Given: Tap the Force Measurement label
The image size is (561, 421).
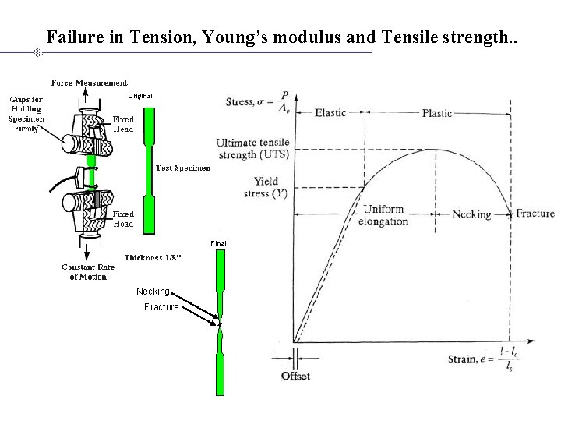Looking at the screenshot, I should (x=90, y=82).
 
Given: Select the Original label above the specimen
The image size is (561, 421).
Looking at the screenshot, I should (x=140, y=96).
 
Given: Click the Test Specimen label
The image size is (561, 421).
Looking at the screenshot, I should (x=183, y=168).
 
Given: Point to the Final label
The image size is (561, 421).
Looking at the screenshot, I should (x=219, y=243).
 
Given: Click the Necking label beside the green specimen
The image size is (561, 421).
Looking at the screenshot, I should (x=153, y=292).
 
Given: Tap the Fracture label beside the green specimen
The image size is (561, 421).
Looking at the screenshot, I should (x=161, y=307).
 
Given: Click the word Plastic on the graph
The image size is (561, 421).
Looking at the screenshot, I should (x=437, y=113).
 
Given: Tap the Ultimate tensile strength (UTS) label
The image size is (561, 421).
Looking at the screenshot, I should (x=252, y=149).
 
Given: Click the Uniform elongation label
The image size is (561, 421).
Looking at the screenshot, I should (x=385, y=215).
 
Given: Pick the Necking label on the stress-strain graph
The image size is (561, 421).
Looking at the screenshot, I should (x=471, y=214).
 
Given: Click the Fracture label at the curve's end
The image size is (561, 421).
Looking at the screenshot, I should (x=535, y=214).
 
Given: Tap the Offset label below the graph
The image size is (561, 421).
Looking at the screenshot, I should (x=295, y=377).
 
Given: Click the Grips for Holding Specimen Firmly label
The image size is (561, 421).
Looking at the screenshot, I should (x=26, y=114).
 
